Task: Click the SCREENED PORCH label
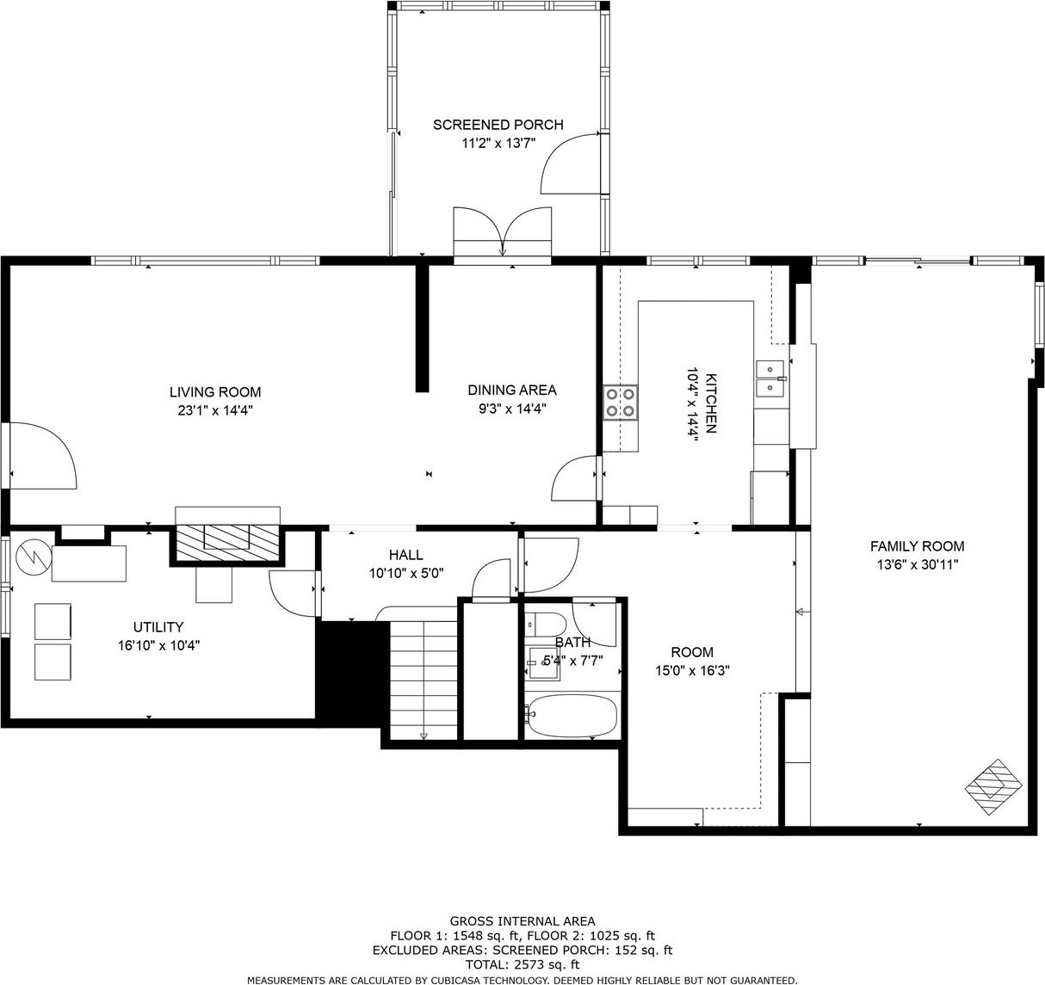pyautogui.click(x=498, y=125)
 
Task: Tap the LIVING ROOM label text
pyautogui.click(x=215, y=391)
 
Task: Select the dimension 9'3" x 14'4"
pyautogui.click(x=512, y=409)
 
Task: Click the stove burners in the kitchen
pyautogui.click(x=621, y=403)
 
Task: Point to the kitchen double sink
pyautogui.click(x=770, y=379)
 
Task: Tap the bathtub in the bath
pyautogui.click(x=572, y=717)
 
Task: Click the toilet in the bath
pyautogui.click(x=546, y=625)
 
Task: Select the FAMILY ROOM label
pyautogui.click(x=917, y=546)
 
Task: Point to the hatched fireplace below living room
pyautogui.click(x=227, y=543)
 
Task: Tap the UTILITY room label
pyautogui.click(x=158, y=627)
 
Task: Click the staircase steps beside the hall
pyautogui.click(x=424, y=680)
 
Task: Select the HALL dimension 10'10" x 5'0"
pyautogui.click(x=406, y=573)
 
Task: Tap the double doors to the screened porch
pyautogui.click(x=503, y=231)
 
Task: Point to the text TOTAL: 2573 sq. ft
pyautogui.click(x=522, y=964)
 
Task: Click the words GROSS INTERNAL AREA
pyautogui.click(x=522, y=920)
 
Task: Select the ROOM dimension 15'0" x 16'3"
pyautogui.click(x=692, y=670)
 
